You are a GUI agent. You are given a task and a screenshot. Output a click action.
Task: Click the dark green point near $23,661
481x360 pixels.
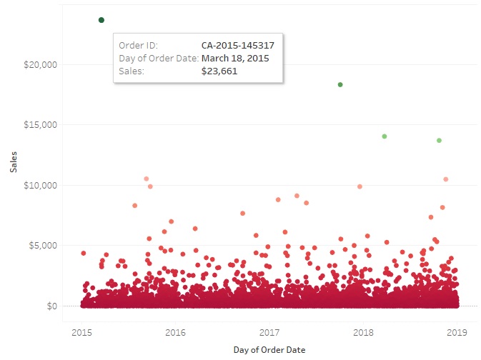[101, 20]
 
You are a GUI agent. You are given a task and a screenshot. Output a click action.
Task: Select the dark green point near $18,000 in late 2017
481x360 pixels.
[340, 85]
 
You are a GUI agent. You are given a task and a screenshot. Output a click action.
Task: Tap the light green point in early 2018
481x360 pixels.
[385, 136]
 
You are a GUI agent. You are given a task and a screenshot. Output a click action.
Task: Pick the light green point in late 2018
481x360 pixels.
[439, 141]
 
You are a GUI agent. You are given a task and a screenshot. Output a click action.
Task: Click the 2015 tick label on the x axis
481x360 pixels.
[81, 332]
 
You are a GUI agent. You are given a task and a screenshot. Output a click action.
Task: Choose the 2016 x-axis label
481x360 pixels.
[175, 332]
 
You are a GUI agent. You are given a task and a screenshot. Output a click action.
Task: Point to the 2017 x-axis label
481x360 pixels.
[269, 332]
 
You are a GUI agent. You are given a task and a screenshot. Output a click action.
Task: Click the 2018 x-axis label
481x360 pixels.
[364, 332]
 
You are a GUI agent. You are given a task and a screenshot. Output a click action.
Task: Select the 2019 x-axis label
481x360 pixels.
[457, 332]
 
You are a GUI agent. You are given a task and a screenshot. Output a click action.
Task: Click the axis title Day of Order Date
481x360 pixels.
[269, 350]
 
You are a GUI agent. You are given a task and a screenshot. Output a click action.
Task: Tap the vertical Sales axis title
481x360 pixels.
[13, 161]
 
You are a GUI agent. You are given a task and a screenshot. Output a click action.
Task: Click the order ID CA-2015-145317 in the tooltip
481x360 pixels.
[238, 45]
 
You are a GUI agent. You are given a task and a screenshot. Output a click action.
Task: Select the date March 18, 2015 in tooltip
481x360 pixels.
[235, 58]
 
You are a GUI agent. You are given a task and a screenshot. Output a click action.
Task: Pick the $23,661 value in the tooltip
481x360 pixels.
[219, 71]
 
